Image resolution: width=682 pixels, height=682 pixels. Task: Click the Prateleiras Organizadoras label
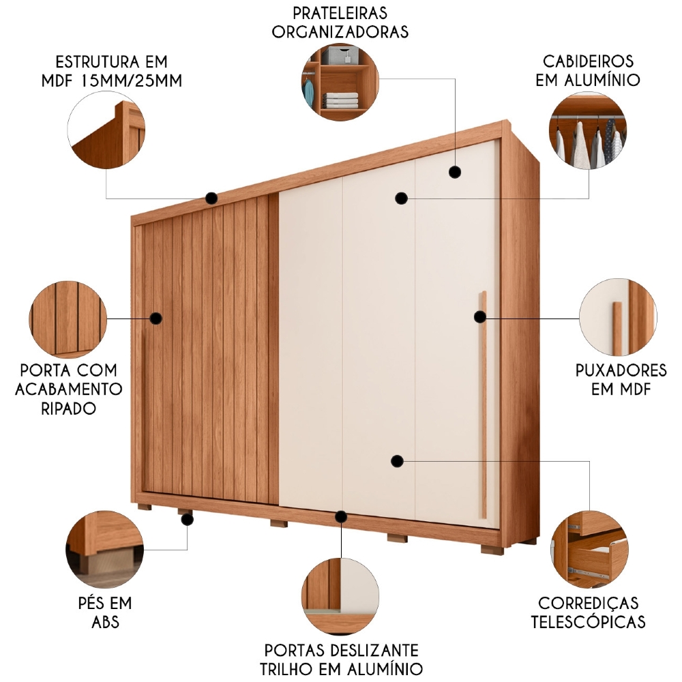(340, 22)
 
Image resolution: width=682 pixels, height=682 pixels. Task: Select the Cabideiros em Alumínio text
(588, 71)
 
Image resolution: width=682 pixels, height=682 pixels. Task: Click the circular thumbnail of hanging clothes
(587, 132)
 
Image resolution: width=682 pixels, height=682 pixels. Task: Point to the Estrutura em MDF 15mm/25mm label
(119, 71)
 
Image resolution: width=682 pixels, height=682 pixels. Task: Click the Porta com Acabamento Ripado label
(68, 389)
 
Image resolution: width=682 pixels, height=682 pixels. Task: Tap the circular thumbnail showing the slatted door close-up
(68, 318)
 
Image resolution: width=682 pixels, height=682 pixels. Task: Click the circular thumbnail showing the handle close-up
(618, 317)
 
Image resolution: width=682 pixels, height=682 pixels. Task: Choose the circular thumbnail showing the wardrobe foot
(104, 550)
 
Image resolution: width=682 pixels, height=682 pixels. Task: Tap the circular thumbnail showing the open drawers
(589, 550)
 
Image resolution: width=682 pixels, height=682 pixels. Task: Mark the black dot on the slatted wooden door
(155, 318)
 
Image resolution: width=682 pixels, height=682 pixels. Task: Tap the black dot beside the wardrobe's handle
(480, 316)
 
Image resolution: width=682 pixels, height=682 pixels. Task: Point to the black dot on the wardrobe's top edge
(211, 198)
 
